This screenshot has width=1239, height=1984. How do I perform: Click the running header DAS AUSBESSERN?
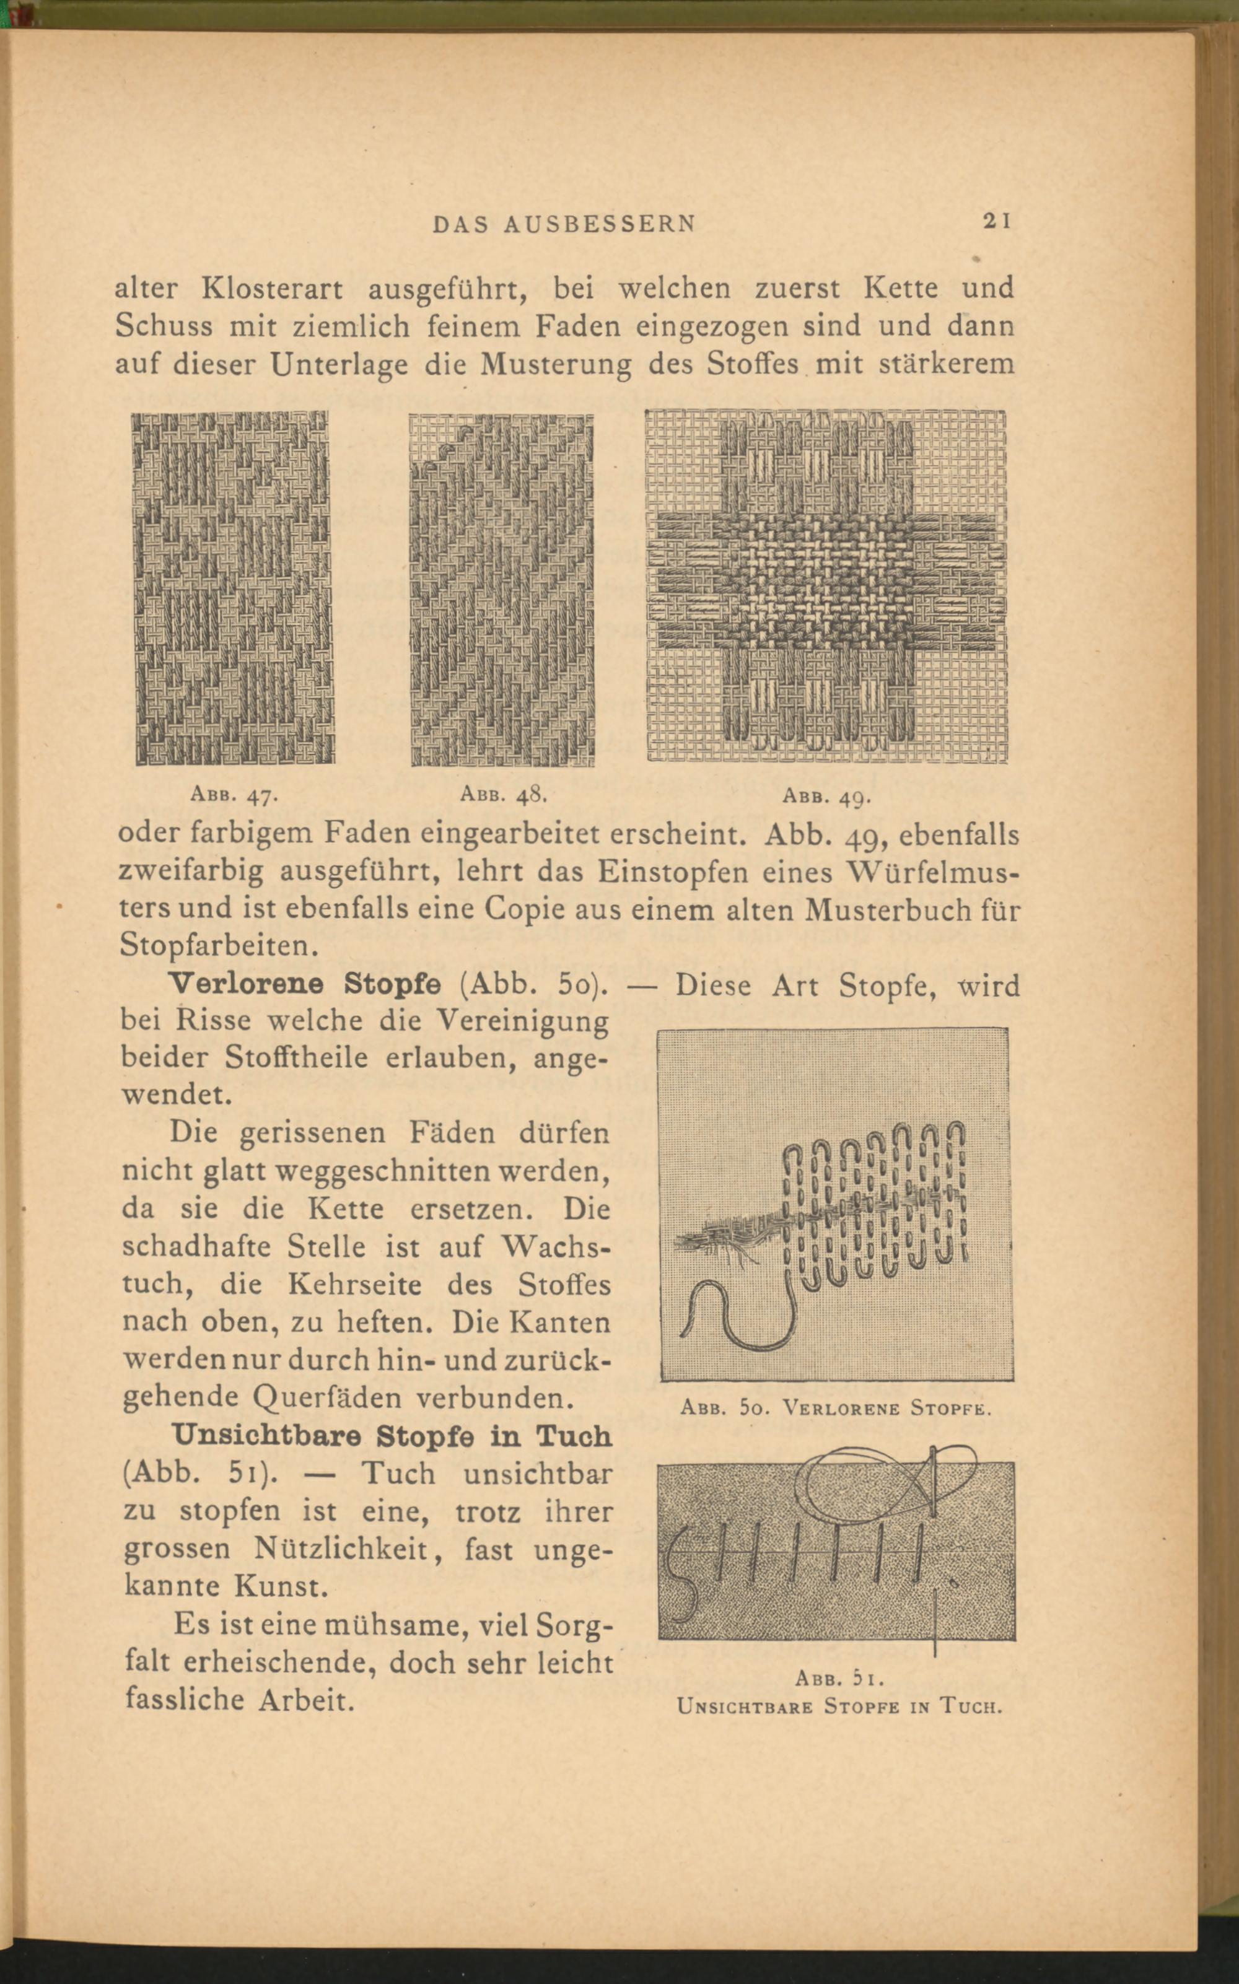pyautogui.click(x=564, y=223)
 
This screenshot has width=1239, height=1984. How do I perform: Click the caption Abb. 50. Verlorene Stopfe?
pyautogui.click(x=836, y=1409)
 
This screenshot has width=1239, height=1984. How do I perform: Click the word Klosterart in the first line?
pyautogui.click(x=272, y=289)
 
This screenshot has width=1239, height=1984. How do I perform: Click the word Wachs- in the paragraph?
pyautogui.click(x=556, y=1248)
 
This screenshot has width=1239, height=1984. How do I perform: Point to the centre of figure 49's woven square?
pyautogui.click(x=826, y=587)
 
